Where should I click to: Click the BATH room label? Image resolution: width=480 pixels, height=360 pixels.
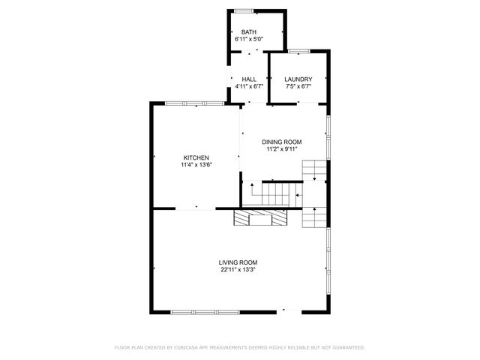click(249, 31)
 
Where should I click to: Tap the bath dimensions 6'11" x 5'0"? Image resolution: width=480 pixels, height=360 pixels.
click(249, 38)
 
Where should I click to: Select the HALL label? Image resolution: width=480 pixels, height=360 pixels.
click(249, 79)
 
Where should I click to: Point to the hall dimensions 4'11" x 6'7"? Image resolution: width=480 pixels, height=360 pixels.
click(249, 86)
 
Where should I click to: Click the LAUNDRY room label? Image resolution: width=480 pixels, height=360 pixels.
click(298, 79)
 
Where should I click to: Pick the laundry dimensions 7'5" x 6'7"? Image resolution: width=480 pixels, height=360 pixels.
click(298, 86)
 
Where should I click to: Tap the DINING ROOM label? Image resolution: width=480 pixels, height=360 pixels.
click(281, 142)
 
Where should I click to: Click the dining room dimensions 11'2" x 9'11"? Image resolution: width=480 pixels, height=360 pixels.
click(281, 148)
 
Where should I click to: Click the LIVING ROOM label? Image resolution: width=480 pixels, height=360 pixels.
click(238, 262)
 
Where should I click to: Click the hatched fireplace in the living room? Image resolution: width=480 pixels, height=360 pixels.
click(260, 217)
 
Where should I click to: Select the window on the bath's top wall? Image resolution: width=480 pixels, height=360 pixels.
click(244, 10)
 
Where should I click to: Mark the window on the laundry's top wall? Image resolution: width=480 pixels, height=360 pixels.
click(298, 51)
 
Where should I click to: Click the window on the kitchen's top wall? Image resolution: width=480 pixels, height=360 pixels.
click(195, 103)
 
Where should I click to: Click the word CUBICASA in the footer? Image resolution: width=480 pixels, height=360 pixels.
click(187, 348)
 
